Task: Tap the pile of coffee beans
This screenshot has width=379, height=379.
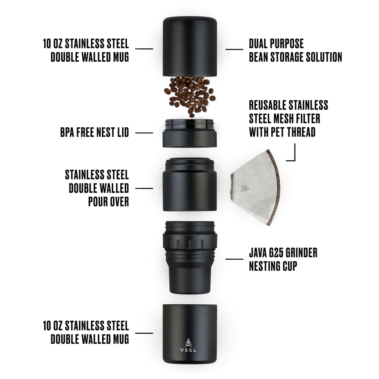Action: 189,95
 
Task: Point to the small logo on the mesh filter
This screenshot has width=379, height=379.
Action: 244,188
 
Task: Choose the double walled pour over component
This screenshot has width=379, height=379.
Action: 189,186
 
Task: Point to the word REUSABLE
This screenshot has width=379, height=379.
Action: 268,105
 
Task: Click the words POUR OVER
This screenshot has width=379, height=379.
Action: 109,202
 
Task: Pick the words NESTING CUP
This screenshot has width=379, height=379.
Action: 273,266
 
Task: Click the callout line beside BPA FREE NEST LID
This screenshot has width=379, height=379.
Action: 144,133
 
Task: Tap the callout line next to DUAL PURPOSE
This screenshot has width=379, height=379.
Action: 234,49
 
